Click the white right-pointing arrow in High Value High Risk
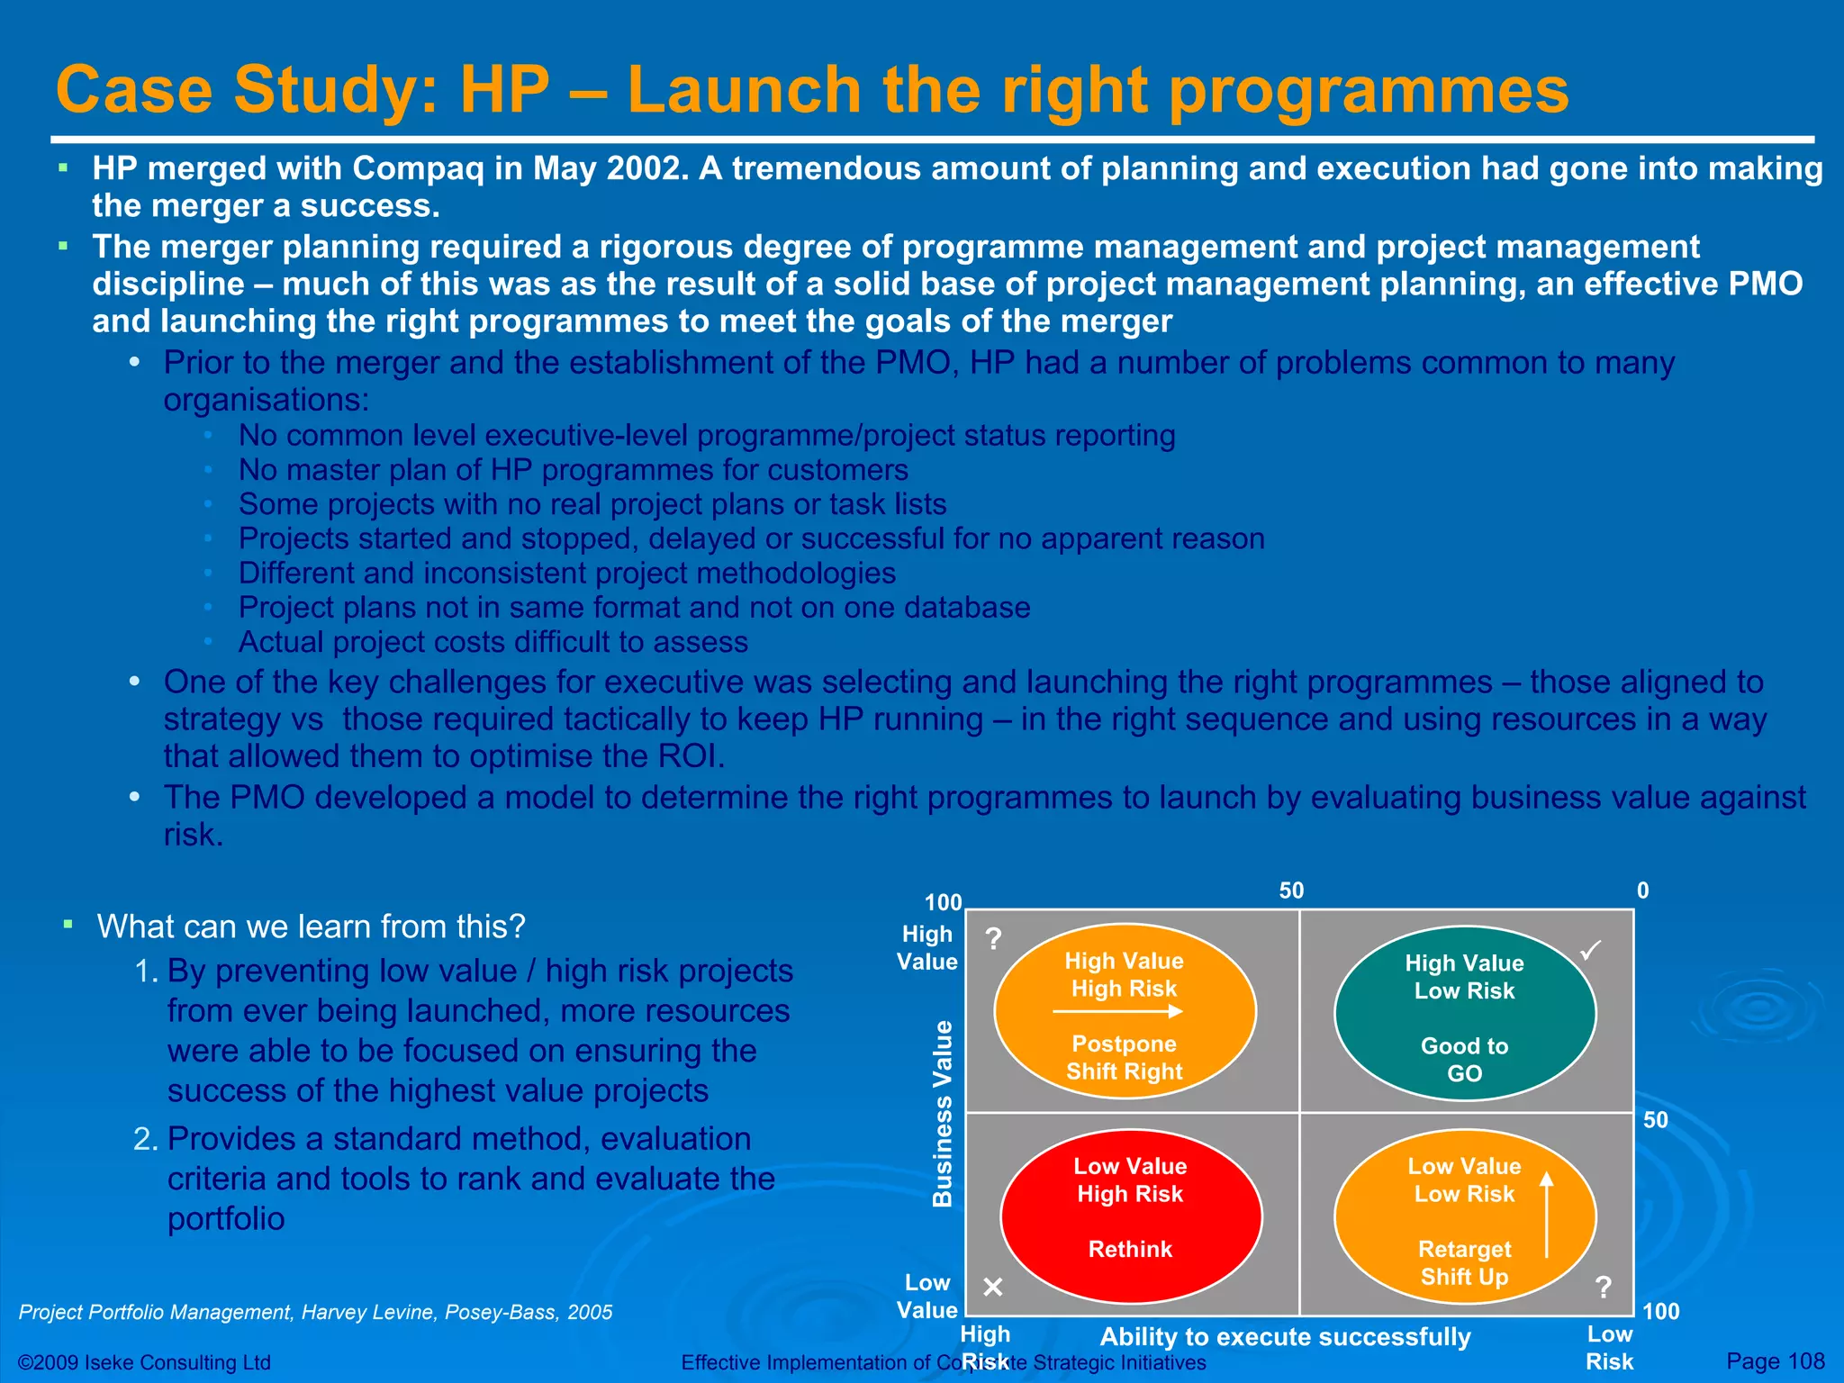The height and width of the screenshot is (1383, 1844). [x=1117, y=1012]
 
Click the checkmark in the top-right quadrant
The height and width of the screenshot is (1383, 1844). [x=1591, y=950]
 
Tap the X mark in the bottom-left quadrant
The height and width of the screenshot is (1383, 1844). [x=993, y=1287]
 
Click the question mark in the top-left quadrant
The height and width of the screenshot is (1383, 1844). [x=993, y=939]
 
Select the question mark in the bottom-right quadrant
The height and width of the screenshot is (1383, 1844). [x=1604, y=1288]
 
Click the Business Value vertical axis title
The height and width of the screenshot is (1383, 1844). [x=942, y=1113]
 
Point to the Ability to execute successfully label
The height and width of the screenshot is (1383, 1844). [x=1285, y=1337]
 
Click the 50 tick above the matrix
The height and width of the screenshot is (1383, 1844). [x=1291, y=890]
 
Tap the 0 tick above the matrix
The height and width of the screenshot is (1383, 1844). [x=1642, y=890]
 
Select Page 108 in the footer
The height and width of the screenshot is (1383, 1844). [x=1775, y=1361]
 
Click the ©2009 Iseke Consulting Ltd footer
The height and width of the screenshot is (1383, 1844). [x=144, y=1362]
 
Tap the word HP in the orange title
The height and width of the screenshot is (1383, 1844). [x=504, y=90]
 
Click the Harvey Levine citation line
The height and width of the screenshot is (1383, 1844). [x=315, y=1312]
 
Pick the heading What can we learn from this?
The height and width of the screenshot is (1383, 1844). [x=311, y=927]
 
